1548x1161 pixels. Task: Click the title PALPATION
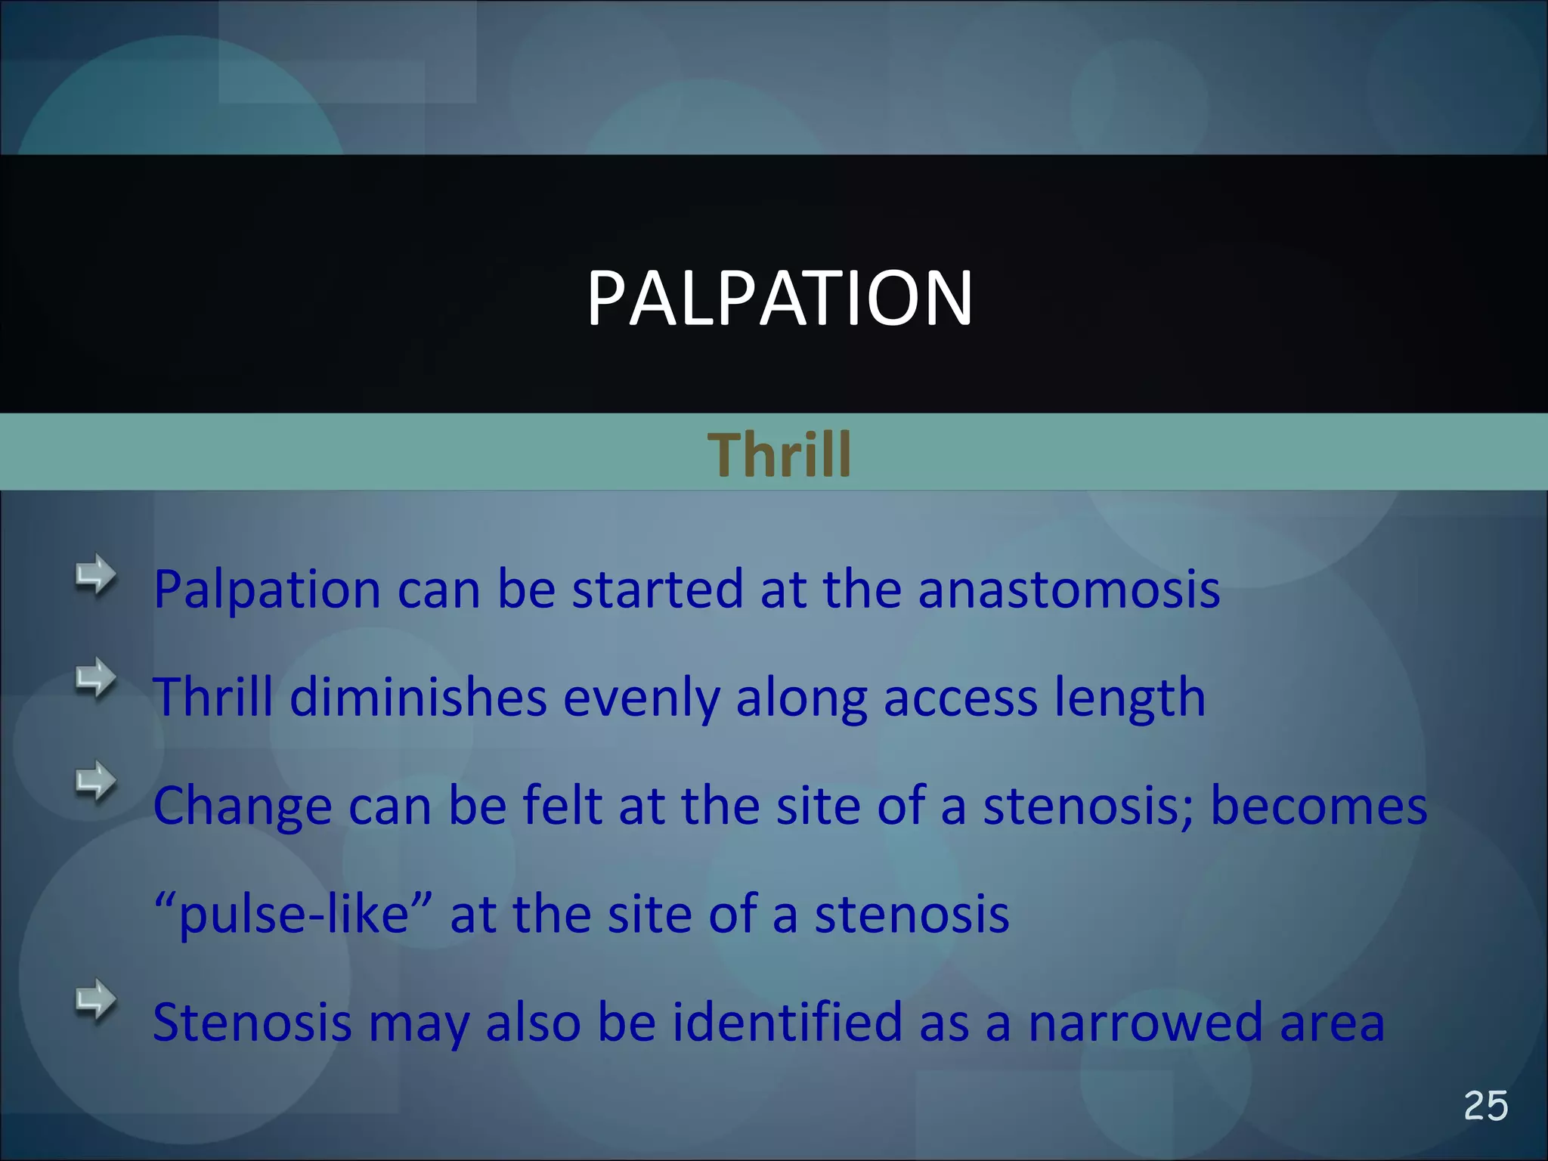click(x=779, y=299)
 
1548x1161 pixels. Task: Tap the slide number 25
click(x=1485, y=1107)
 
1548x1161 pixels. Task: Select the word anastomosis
click(x=1069, y=589)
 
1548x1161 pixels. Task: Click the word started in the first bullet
click(x=657, y=589)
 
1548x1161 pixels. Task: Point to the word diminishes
click(x=418, y=697)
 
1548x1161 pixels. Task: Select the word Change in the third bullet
click(x=242, y=807)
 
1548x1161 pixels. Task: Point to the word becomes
click(x=1318, y=805)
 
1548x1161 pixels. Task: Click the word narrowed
click(x=1145, y=1022)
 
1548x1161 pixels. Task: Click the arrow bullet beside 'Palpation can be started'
click(x=96, y=576)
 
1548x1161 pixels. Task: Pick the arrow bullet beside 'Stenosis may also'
click(x=96, y=999)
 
